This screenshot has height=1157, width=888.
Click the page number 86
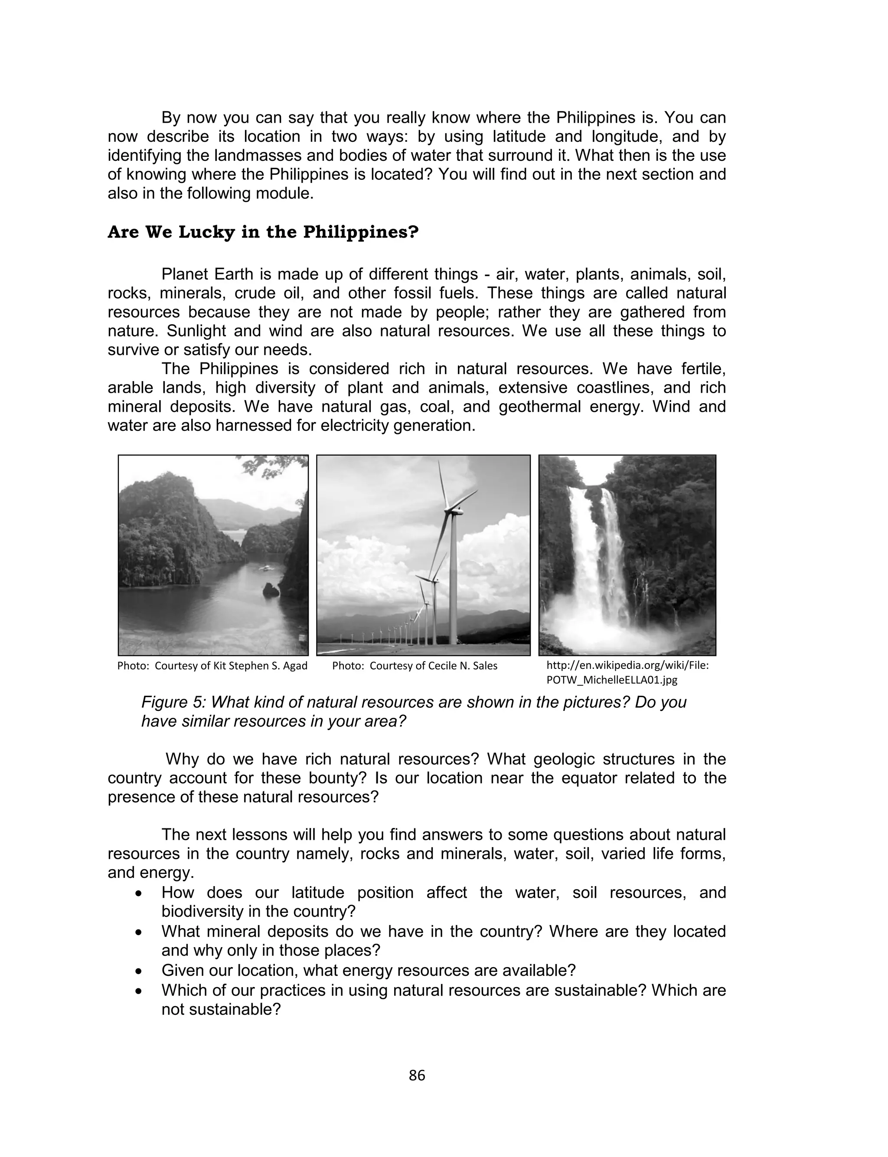tap(417, 1075)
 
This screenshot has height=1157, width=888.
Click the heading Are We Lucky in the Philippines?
tap(263, 232)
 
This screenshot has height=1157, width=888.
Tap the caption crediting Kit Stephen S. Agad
tap(212, 666)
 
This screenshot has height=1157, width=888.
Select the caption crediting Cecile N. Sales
tap(415, 666)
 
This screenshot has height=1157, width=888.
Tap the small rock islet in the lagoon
tap(271, 590)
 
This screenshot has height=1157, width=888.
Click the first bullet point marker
tap(138, 893)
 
